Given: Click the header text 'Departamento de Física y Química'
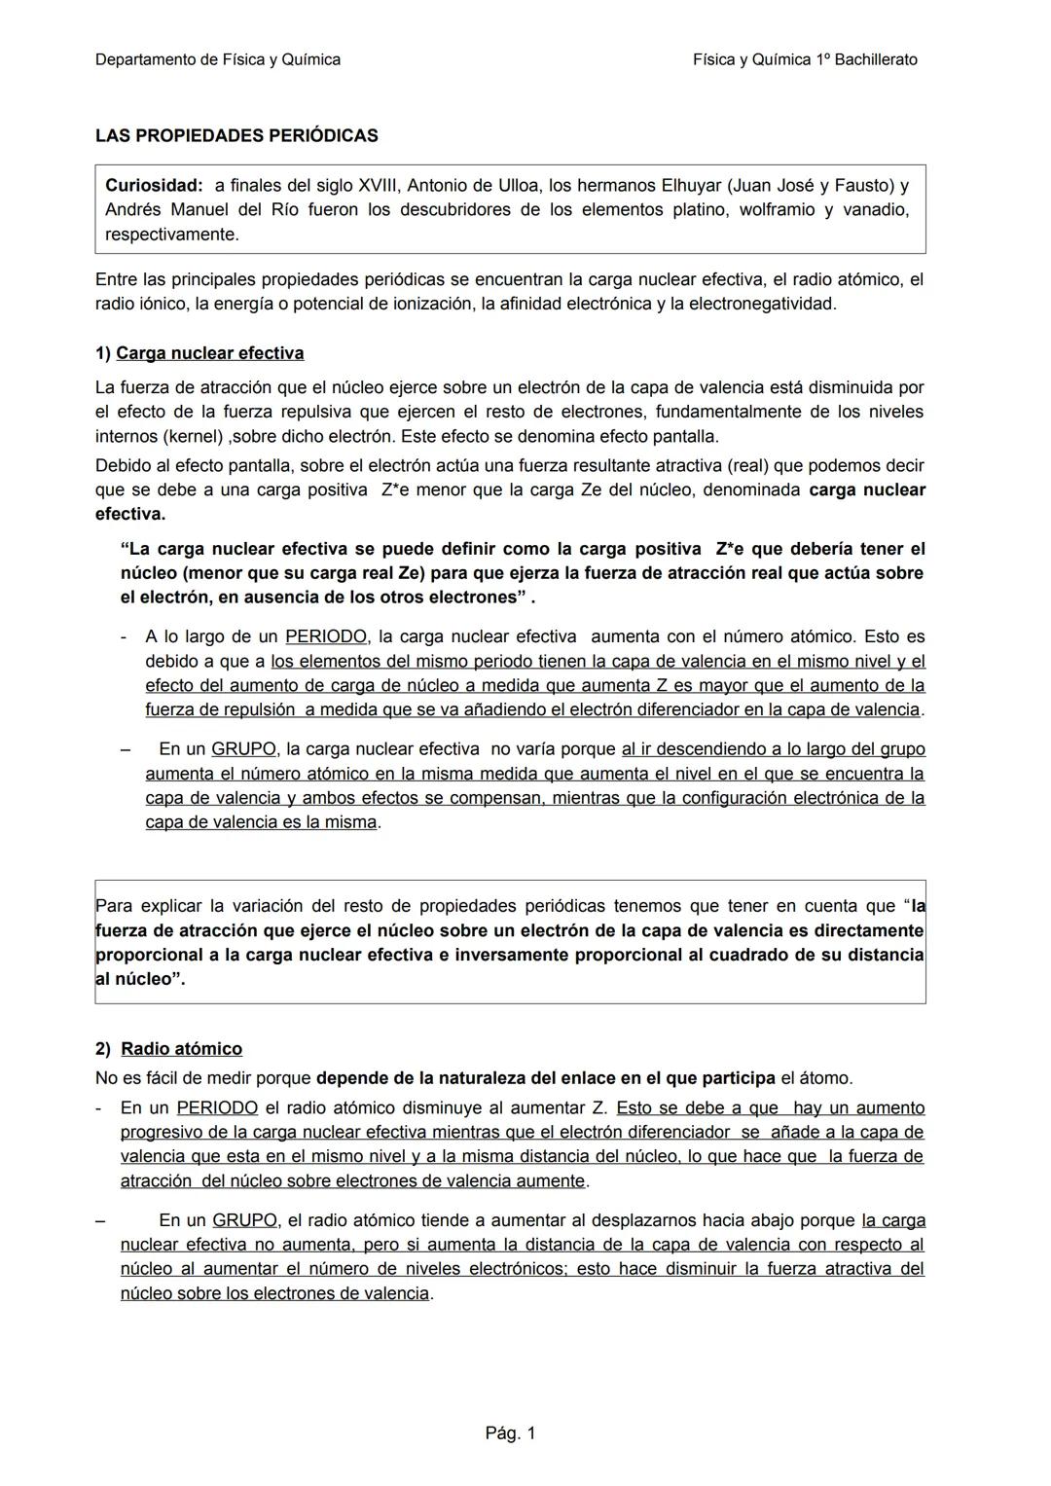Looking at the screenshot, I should coord(218,59).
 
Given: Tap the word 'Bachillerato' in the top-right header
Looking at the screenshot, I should coord(876,59).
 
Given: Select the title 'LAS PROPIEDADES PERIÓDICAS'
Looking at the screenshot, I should coord(236,136).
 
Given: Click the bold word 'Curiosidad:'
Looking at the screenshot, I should coord(154,185).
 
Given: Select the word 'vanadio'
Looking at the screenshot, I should coord(876,209).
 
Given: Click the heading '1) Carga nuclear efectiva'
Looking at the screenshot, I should coord(199,353).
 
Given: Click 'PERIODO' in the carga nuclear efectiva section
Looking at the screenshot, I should coord(326,637).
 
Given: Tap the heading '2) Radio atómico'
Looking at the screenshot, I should coord(169,1049).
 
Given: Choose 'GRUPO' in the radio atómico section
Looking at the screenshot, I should coord(244,1220).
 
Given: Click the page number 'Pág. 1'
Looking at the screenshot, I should coord(510,1432).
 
